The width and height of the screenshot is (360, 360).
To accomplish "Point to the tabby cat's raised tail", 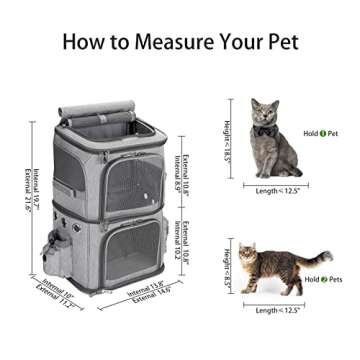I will pyautogui.click(x=318, y=258).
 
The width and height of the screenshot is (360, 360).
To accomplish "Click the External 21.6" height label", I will pyautogui.click(x=27, y=187).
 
